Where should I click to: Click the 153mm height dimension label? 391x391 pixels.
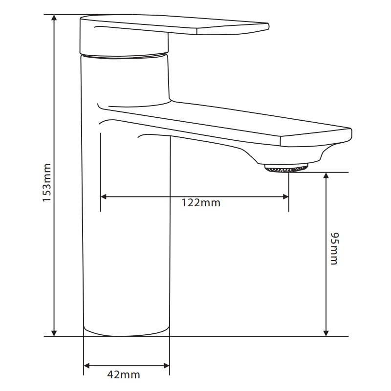47,183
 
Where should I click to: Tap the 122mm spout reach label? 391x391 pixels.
201,203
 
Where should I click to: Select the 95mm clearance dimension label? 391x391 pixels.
334,249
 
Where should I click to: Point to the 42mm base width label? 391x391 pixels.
124,375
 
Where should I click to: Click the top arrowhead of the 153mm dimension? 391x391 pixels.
54,18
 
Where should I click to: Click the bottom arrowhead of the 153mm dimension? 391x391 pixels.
54,333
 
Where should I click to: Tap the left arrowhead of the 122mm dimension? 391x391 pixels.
104,197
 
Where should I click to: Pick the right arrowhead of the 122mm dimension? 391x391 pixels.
286,197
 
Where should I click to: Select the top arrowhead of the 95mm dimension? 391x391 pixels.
326,175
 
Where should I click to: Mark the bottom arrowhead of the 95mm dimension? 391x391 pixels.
326,333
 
